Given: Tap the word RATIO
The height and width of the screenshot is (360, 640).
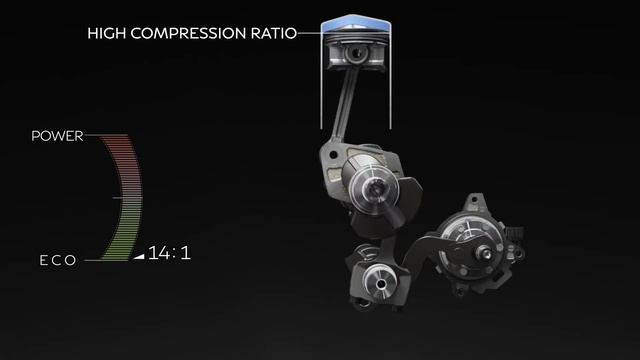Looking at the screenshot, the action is click(274, 33).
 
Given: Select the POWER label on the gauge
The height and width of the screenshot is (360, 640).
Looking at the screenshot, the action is click(57, 136).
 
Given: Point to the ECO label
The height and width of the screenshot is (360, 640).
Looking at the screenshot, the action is click(58, 260).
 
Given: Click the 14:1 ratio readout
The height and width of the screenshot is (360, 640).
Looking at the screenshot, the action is click(169, 253).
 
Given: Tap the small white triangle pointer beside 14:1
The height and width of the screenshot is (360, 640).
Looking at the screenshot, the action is click(139, 256).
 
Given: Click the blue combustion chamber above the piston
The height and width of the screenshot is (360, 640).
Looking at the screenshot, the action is click(356, 24).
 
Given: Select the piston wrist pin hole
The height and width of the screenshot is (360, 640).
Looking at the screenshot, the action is click(356, 53).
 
